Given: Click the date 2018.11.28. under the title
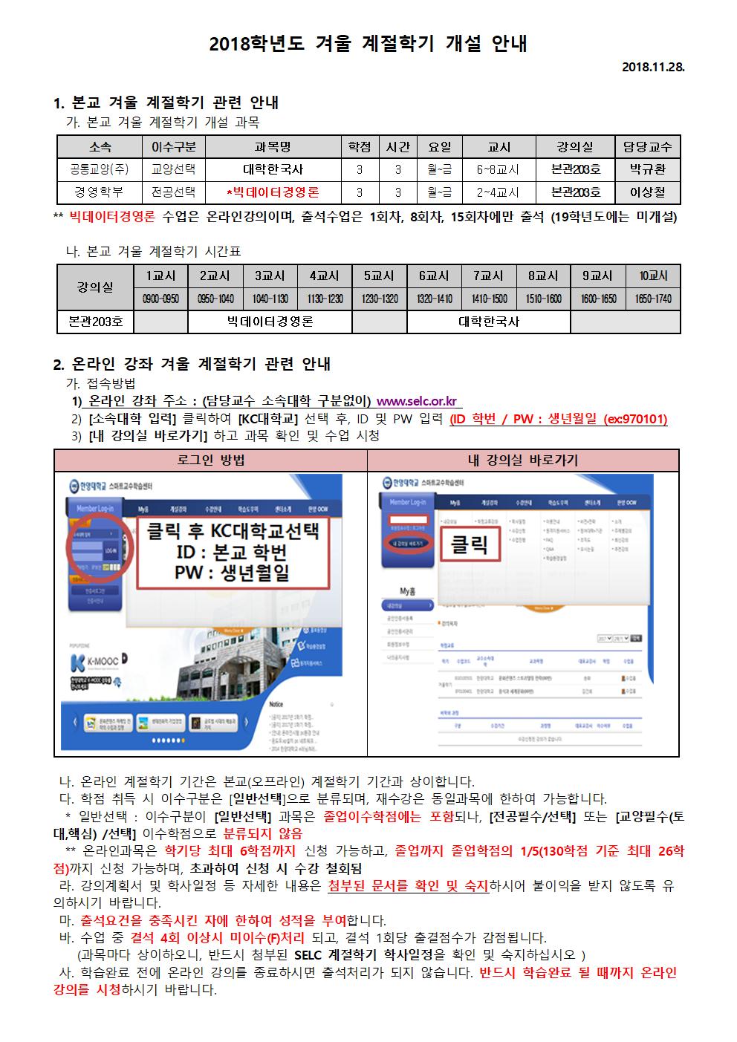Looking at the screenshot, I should (x=652, y=67).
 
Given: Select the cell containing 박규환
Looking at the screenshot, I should (x=648, y=169).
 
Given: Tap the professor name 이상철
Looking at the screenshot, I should (x=648, y=192).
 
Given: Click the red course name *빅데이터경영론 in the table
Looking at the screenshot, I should (x=273, y=192).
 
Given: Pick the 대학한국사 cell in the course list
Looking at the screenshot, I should (x=273, y=169).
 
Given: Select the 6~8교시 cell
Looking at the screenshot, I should (x=498, y=169).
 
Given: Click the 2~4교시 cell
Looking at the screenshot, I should (x=498, y=192).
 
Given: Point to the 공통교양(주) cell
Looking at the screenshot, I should (x=100, y=169).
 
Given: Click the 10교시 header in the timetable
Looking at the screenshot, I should (x=653, y=276).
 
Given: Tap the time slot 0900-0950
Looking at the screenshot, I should (x=160, y=299).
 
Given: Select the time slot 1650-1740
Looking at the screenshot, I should (x=653, y=299).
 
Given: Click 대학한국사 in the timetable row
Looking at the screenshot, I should (x=488, y=322).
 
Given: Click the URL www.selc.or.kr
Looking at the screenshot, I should (x=420, y=402).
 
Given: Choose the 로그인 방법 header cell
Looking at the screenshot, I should (x=211, y=460).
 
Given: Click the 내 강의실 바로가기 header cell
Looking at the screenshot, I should (x=523, y=460).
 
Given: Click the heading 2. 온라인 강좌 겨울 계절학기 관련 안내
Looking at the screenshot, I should (x=192, y=364).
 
